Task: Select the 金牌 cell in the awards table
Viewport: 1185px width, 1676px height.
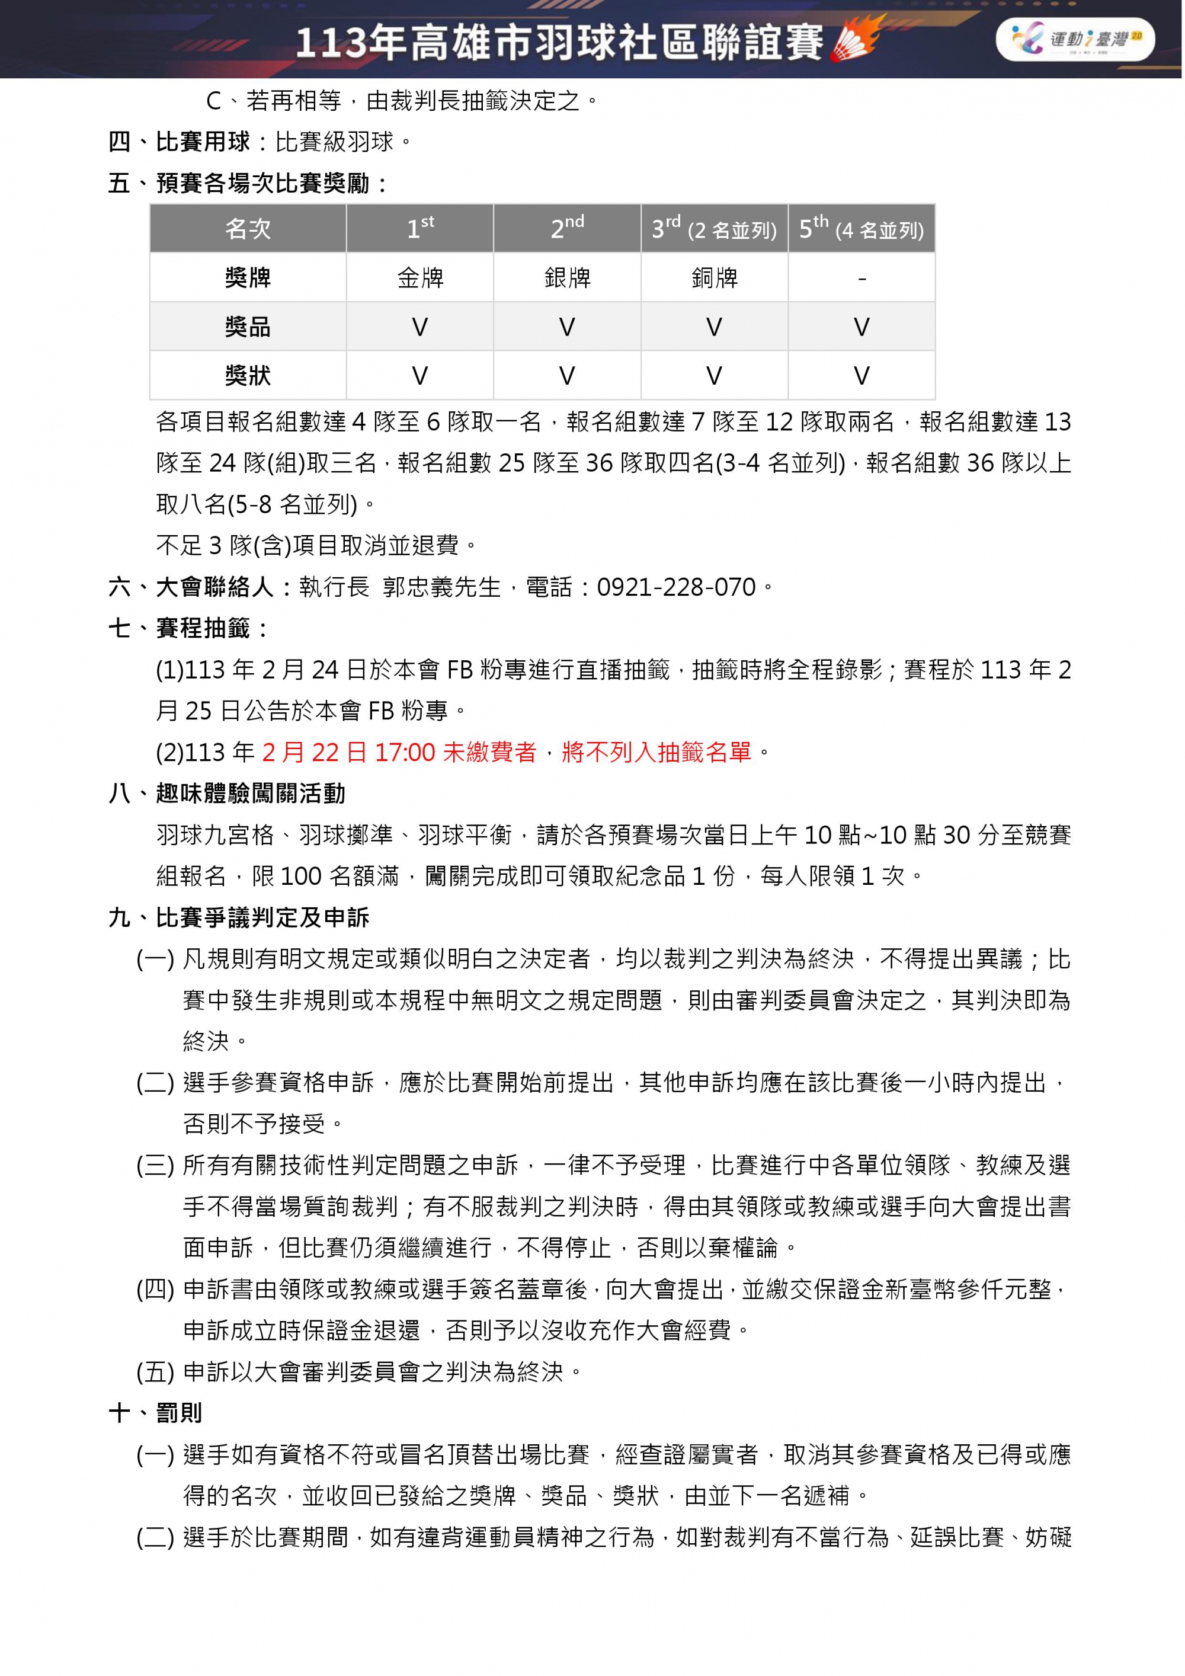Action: [420, 278]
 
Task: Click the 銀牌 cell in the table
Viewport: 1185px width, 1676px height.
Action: [567, 278]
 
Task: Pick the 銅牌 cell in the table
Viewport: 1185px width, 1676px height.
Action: [715, 278]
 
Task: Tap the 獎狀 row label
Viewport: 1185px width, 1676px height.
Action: [248, 376]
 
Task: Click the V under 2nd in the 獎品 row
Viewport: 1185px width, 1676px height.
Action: [567, 327]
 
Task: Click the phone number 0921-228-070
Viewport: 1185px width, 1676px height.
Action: [677, 587]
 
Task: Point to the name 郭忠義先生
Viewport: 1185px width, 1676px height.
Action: [441, 587]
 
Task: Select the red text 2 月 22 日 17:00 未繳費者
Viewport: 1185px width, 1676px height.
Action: [399, 752]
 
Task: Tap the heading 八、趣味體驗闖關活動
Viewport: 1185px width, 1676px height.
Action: [227, 794]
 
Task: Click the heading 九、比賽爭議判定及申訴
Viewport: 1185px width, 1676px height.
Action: [239, 917]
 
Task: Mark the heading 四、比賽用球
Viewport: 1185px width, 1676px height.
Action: [180, 142]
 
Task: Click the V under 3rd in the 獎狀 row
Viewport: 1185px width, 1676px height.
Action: [715, 376]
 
